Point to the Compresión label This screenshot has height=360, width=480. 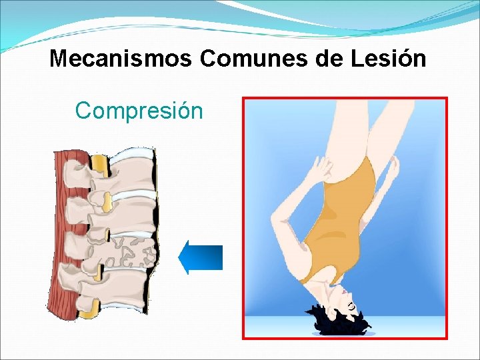point(139,110)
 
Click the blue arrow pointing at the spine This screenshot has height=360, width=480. point(201,257)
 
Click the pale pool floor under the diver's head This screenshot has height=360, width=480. point(400,327)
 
